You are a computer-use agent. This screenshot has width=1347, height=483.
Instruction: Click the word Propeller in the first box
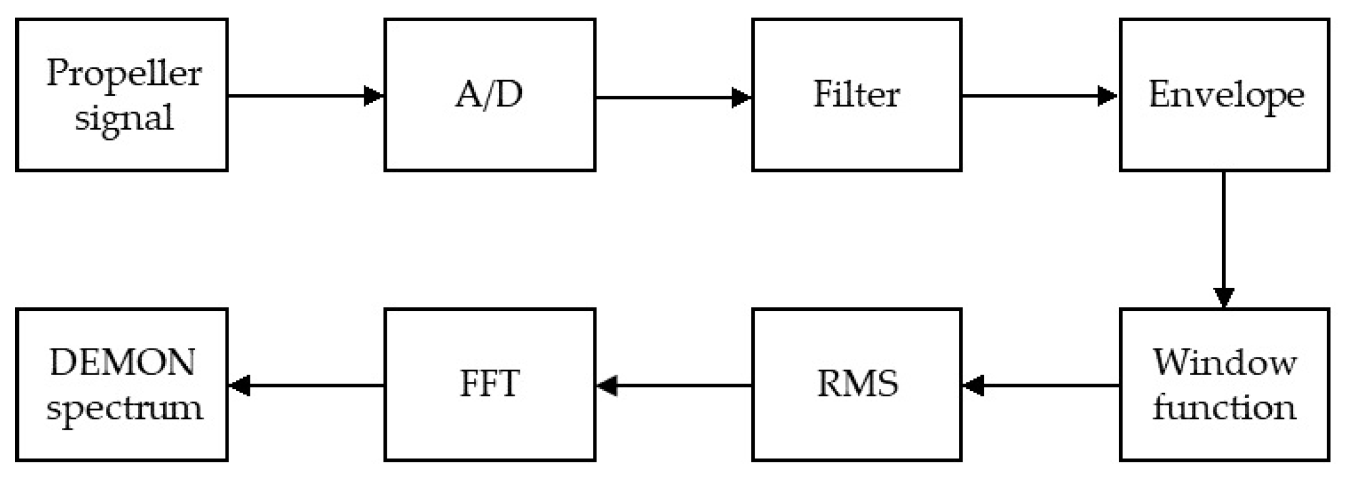[124, 75]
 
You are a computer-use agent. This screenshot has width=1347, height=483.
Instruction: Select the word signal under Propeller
[124, 118]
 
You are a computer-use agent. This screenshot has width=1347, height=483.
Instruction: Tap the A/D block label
[489, 95]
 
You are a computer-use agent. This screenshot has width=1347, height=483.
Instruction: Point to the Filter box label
[856, 95]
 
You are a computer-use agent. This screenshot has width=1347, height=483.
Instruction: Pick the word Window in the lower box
[1225, 362]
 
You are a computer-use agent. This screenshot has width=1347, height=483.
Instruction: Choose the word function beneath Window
[1225, 407]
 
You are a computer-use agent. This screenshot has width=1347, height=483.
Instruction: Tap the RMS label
[857, 384]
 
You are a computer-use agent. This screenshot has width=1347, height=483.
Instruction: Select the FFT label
[489, 384]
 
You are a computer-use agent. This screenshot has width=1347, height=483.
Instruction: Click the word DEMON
[122, 362]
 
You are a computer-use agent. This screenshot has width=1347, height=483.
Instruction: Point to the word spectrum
[124, 408]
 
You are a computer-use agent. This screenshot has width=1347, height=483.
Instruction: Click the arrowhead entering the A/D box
[373, 96]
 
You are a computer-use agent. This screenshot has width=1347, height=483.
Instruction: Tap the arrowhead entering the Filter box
[741, 97]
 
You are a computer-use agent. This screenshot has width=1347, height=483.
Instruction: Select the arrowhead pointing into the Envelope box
[1108, 96]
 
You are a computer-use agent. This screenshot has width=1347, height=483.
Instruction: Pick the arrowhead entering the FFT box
[607, 385]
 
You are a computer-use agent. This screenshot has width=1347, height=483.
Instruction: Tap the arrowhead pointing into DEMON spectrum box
[239, 385]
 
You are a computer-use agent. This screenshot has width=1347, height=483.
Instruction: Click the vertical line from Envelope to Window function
[1224, 230]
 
